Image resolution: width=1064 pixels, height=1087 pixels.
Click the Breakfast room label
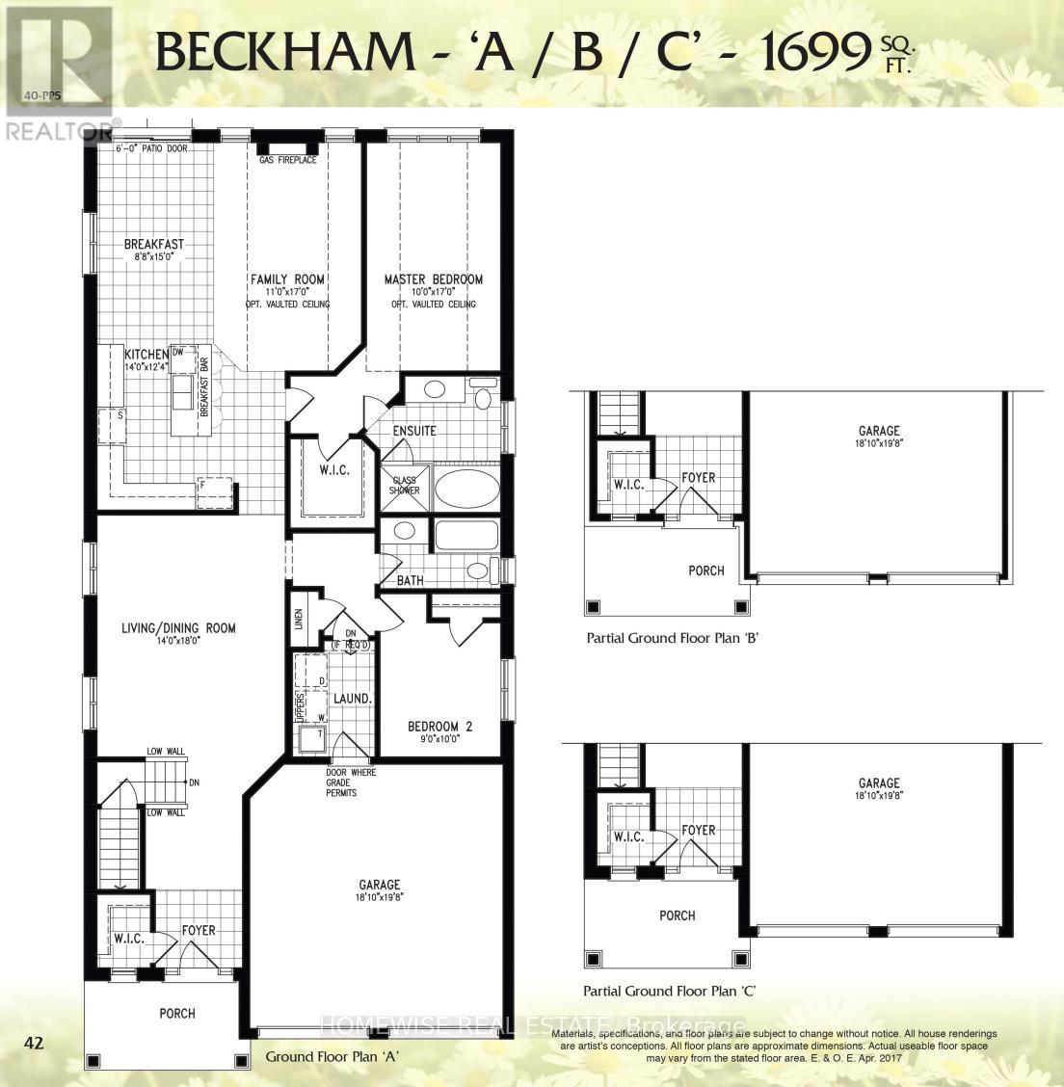[x=153, y=245]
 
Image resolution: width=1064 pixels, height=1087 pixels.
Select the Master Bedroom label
[x=433, y=279]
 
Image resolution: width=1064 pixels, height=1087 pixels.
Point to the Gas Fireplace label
[x=287, y=160]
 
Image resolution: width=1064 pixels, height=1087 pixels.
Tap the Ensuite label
[x=414, y=431]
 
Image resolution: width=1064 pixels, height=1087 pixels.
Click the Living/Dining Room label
[x=178, y=628]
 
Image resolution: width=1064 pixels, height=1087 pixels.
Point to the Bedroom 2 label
[x=439, y=726]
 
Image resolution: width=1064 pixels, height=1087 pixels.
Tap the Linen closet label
[x=299, y=619]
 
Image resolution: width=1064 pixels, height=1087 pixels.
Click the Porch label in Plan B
[x=705, y=570]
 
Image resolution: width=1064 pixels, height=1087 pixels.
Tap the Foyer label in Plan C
[x=698, y=830]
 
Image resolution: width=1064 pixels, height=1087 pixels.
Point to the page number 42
[x=35, y=1042]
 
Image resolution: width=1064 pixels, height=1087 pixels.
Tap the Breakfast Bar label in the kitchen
[x=204, y=385]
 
